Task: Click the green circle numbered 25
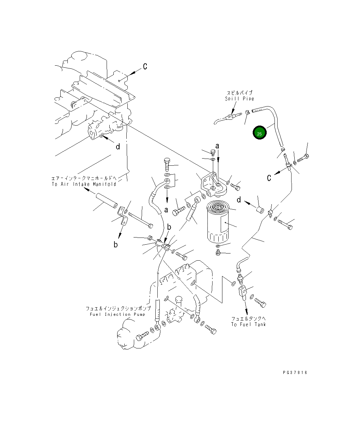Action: click(x=259, y=133)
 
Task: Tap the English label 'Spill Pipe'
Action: click(x=239, y=99)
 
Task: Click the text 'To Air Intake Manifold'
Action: click(x=84, y=184)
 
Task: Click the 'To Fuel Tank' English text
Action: click(x=248, y=324)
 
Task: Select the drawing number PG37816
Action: click(x=295, y=373)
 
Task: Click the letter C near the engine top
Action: click(x=145, y=67)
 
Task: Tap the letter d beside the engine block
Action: click(x=118, y=147)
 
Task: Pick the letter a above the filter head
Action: click(x=217, y=146)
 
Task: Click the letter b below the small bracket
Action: click(x=116, y=244)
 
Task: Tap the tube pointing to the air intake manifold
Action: click(x=106, y=201)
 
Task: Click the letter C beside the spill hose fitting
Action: click(x=269, y=178)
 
